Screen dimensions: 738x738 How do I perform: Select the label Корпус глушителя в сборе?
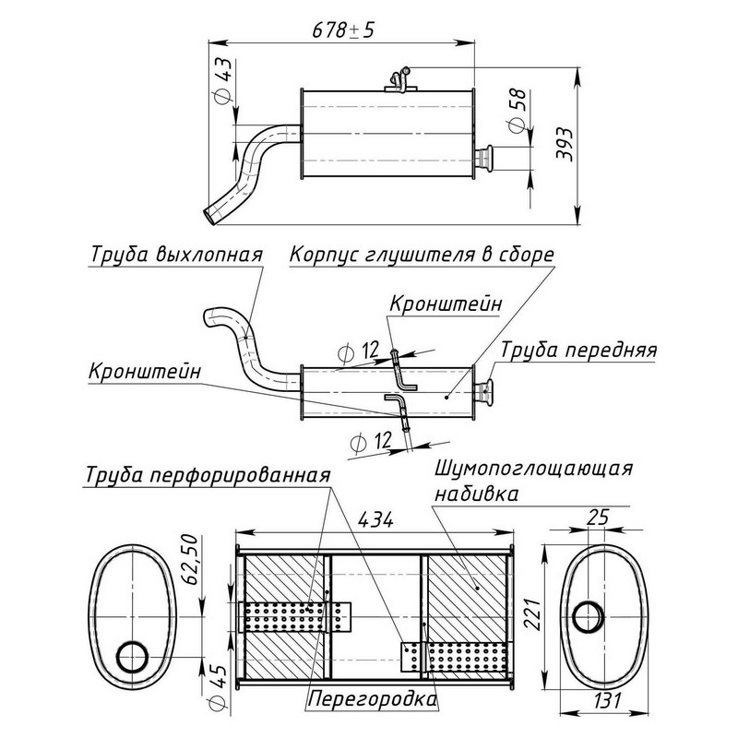(422, 254)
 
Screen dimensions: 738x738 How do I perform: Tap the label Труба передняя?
(578, 351)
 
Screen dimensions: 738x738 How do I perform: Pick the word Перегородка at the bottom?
(373, 699)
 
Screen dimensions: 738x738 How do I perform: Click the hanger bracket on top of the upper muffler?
(399, 81)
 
